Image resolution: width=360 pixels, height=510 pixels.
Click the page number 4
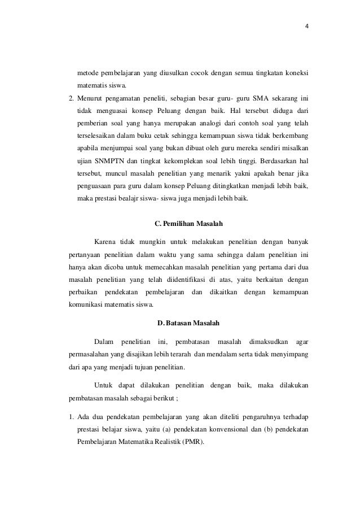pos(307,25)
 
